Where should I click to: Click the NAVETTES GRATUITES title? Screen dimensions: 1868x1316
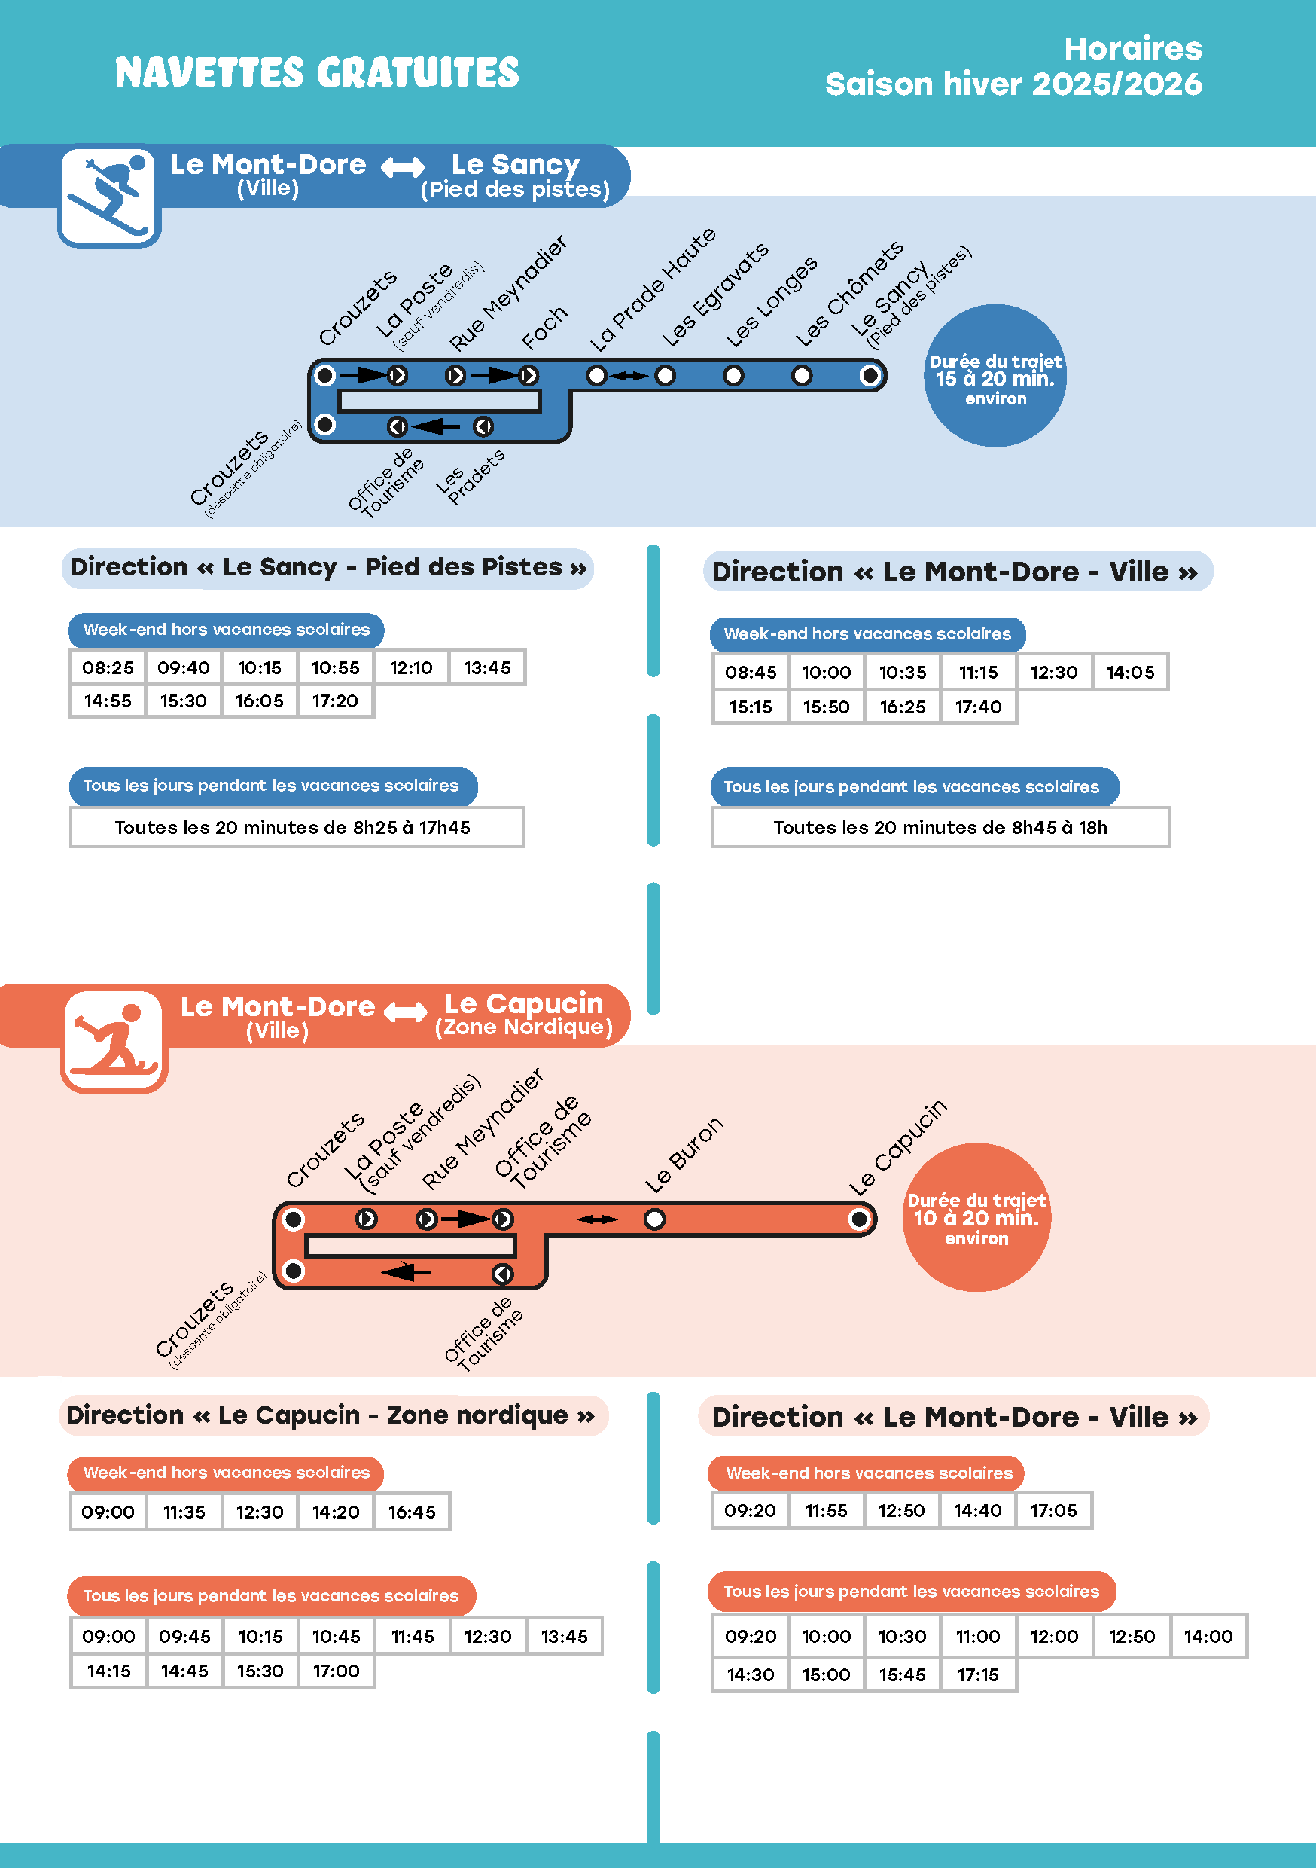point(316,72)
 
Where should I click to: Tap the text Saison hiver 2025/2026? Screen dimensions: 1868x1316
point(1013,84)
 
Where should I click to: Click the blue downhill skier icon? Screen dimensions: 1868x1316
point(109,196)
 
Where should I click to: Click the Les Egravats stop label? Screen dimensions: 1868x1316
point(715,295)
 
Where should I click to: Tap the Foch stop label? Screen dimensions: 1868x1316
point(544,328)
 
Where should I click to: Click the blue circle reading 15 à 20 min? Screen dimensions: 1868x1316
point(995,376)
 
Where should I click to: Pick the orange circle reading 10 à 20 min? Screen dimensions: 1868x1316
point(976,1217)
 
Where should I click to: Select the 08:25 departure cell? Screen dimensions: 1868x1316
point(108,668)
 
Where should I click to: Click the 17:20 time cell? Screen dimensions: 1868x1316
point(335,701)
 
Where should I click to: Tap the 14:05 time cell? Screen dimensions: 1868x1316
point(1130,672)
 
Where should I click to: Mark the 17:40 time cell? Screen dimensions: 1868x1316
point(978,707)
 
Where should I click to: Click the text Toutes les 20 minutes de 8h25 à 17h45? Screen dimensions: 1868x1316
point(293,828)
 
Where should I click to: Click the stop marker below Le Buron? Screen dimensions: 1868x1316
point(655,1219)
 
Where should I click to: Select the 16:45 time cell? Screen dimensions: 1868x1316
point(412,1512)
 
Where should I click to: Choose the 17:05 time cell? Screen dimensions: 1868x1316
point(1053,1511)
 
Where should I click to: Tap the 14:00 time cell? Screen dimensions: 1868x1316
point(1208,1636)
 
